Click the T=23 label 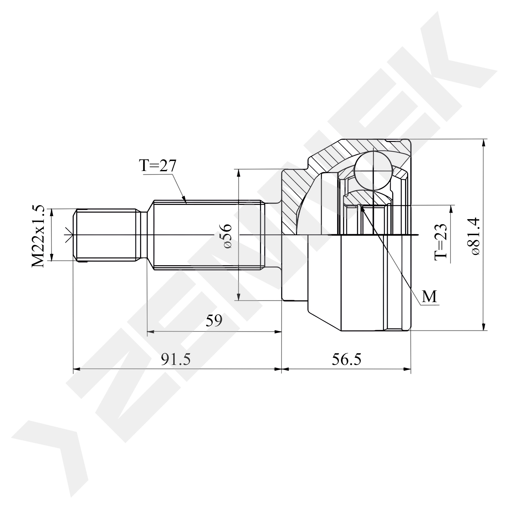(x=440, y=242)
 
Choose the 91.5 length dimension (x=176, y=359)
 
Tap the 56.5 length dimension (x=347, y=359)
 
